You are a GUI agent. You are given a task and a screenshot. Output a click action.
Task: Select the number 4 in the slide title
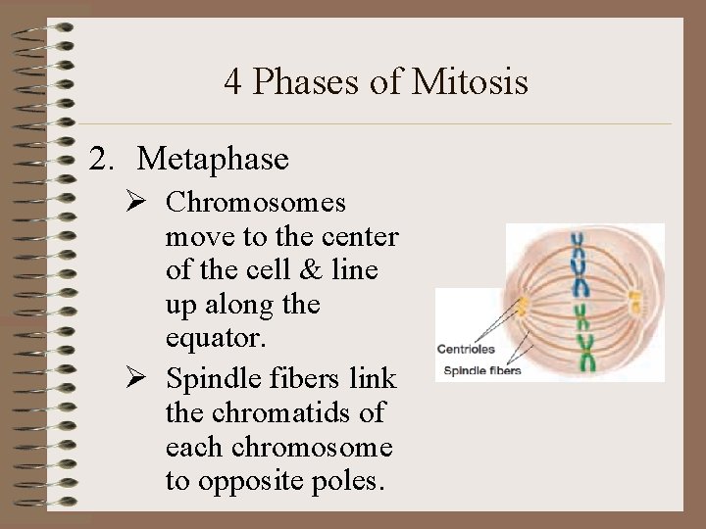point(233,82)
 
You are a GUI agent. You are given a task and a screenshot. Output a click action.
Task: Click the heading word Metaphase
point(213,158)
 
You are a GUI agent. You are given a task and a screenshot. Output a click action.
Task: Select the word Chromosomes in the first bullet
point(255,203)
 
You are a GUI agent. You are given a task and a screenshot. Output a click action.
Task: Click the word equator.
point(208,339)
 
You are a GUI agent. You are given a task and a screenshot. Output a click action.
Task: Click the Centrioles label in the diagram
point(467,349)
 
